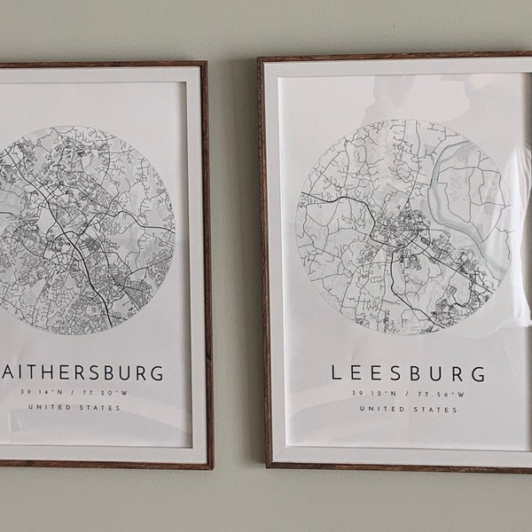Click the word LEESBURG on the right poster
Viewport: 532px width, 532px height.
tap(408, 372)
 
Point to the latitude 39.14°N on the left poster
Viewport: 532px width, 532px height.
tap(46, 391)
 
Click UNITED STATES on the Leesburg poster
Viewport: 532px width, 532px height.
tap(408, 410)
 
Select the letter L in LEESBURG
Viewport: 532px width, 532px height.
tap(336, 372)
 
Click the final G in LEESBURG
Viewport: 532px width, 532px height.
tap(479, 372)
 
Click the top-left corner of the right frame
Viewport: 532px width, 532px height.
tap(260, 59)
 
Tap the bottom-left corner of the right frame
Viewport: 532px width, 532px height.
tap(268, 464)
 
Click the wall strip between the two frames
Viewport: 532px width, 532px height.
tap(236, 266)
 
